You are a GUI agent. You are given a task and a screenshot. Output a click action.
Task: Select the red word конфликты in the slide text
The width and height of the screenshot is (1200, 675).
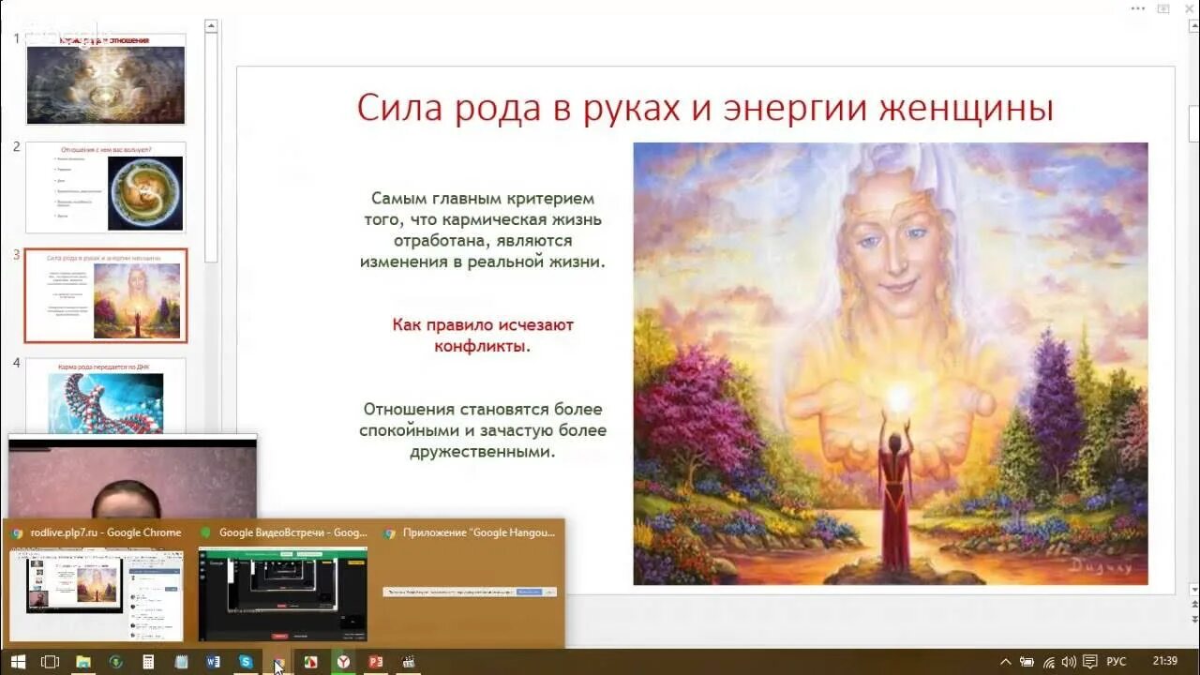pyautogui.click(x=482, y=346)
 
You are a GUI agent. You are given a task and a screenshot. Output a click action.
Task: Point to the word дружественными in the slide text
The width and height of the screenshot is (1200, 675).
pyautogui.click(x=482, y=451)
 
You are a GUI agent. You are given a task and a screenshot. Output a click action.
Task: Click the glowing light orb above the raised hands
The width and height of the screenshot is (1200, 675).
pyautogui.click(x=897, y=398)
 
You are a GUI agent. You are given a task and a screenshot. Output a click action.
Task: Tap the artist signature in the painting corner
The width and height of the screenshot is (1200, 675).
pyautogui.click(x=1102, y=565)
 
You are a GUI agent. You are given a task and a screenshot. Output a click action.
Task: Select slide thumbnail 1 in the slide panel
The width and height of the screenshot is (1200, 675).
pyautogui.click(x=105, y=80)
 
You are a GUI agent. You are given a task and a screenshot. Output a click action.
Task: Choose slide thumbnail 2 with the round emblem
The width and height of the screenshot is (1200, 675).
pyautogui.click(x=105, y=187)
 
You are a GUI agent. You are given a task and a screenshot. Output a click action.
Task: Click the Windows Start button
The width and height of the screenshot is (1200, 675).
pyautogui.click(x=18, y=662)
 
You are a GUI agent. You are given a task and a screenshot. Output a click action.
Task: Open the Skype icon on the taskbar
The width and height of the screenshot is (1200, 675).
pyautogui.click(x=245, y=662)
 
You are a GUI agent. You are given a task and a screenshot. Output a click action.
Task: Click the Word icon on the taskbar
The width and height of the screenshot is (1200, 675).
pyautogui.click(x=213, y=662)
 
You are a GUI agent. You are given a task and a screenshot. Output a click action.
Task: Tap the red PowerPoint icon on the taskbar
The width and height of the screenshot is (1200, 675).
pyautogui.click(x=376, y=662)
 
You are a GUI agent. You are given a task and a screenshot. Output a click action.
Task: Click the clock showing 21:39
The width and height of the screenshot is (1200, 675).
pyautogui.click(x=1166, y=662)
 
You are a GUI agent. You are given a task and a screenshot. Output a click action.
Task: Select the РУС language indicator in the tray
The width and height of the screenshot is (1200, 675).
pyautogui.click(x=1116, y=662)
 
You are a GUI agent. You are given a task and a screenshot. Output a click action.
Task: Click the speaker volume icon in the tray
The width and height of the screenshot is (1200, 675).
pyautogui.click(x=1068, y=662)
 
